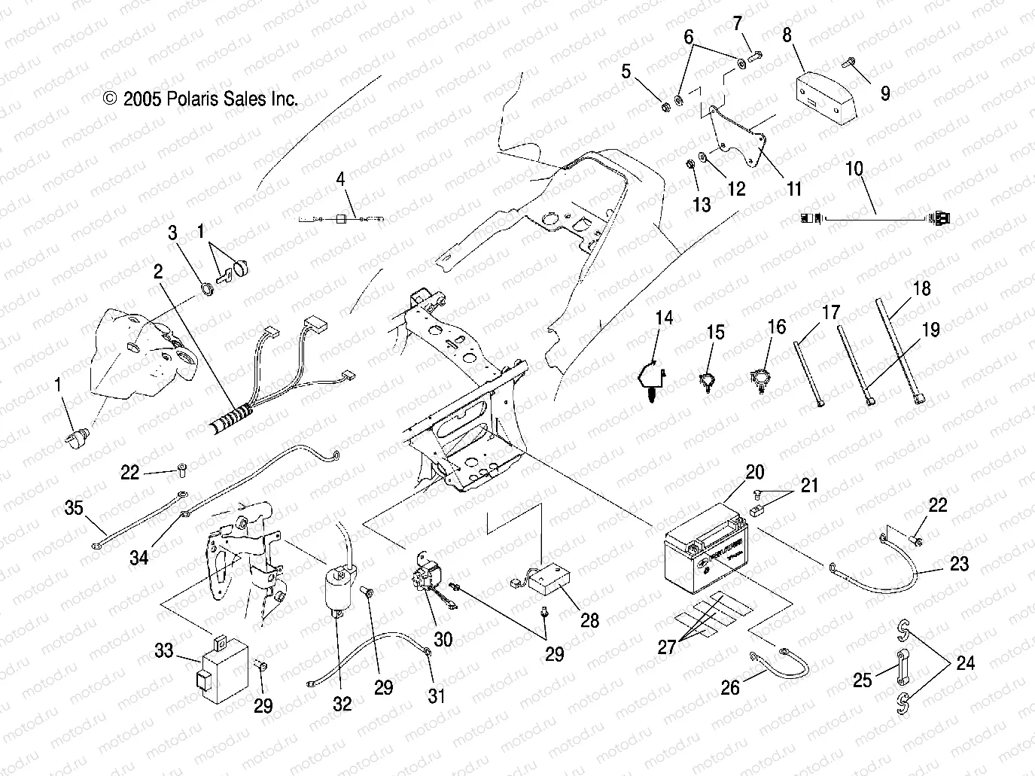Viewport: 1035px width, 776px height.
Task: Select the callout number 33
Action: coord(164,651)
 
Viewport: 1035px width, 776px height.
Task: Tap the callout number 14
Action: coord(664,318)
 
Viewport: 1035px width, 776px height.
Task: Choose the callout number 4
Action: coord(340,180)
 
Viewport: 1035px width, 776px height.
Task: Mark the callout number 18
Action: coord(921,288)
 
